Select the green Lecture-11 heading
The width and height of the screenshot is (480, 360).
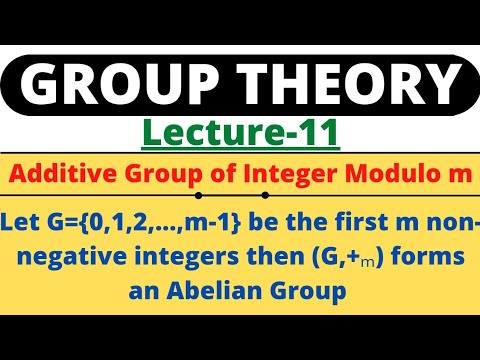click(x=241, y=131)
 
